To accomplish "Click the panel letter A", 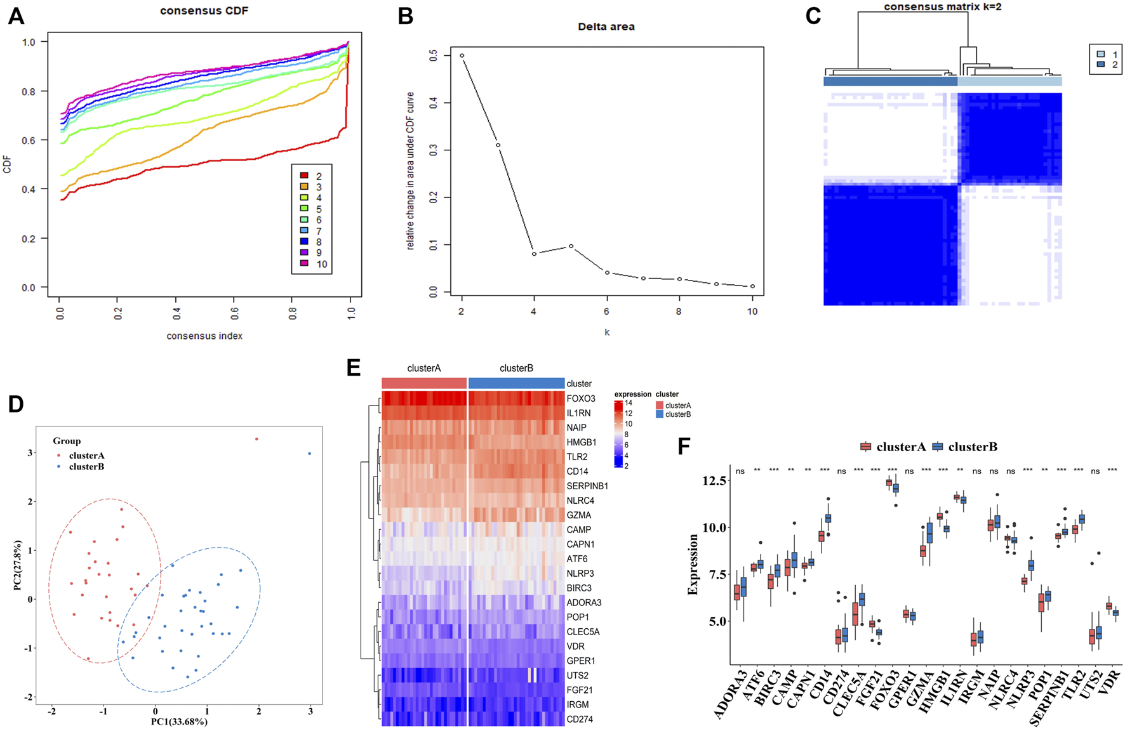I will tap(16, 16).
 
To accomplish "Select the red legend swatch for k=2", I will tap(305, 176).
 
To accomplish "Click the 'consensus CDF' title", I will tap(204, 11).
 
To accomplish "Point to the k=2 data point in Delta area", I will tap(462, 56).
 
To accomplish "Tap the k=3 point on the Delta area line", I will tap(498, 145).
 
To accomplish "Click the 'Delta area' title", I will tap(606, 27).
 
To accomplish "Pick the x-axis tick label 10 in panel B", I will tap(752, 312).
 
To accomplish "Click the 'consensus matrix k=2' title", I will tap(938, 7).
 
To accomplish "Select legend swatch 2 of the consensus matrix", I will tap(1101, 65).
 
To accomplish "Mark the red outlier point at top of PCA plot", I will tap(256, 439).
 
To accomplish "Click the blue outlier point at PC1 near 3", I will tap(309, 454).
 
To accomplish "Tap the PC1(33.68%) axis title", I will tap(179, 721).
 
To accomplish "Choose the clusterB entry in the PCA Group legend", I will tap(86, 467).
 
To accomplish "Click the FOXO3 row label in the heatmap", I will tap(581, 398).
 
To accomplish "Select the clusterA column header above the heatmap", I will tap(423, 368).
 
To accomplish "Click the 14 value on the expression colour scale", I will tap(629, 403).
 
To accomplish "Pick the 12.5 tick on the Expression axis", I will tap(714, 480).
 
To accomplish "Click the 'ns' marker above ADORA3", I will tap(740, 471).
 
